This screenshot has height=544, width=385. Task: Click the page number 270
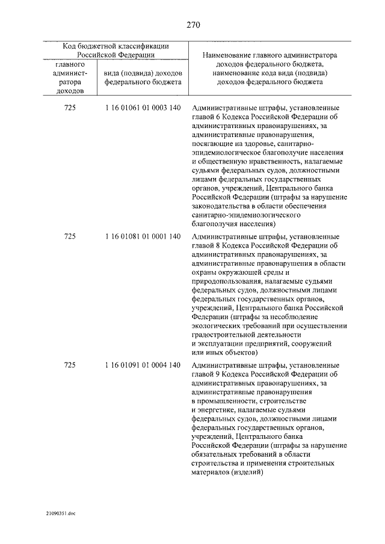pos(192,25)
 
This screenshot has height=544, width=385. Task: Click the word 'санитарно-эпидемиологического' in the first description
pos(246,214)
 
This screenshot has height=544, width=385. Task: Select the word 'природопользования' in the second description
pos(226,281)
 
